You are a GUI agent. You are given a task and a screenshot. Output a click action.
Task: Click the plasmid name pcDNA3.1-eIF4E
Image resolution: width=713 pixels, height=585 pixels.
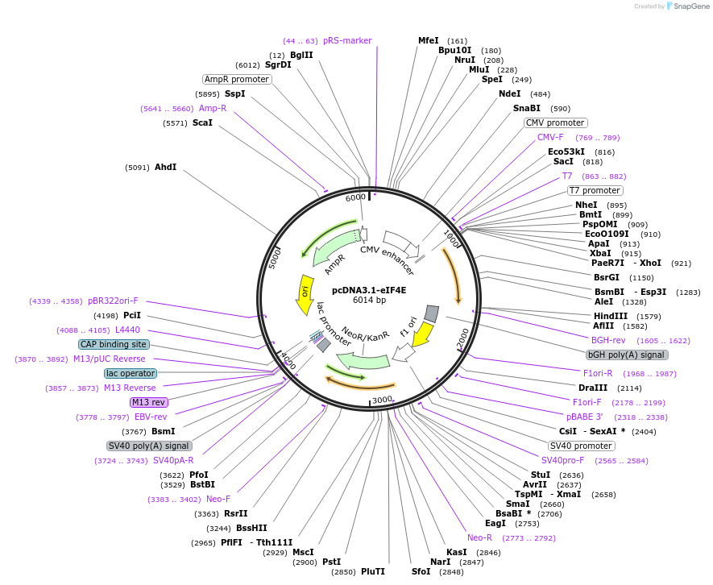point(369,289)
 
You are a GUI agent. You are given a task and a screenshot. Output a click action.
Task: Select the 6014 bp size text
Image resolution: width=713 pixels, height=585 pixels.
point(369,301)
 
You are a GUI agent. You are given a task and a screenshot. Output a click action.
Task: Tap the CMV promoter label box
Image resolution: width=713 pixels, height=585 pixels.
point(555,122)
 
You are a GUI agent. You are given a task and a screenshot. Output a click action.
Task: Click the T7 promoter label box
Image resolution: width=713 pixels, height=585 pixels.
point(595,190)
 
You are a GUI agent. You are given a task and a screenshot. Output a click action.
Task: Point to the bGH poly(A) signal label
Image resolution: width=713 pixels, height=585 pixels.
point(627,354)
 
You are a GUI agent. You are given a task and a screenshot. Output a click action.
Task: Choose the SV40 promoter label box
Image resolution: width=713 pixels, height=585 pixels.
point(581,446)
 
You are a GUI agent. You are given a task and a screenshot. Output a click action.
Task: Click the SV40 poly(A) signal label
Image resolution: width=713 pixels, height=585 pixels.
point(149,446)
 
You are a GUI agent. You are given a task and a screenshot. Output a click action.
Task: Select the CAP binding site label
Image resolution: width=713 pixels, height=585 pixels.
point(114,344)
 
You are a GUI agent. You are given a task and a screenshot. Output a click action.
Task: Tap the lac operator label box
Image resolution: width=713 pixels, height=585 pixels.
point(130,373)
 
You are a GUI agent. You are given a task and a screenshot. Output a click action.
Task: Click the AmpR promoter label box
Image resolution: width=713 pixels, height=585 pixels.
point(237,79)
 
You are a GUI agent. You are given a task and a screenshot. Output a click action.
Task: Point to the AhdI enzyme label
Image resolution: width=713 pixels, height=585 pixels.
point(165,167)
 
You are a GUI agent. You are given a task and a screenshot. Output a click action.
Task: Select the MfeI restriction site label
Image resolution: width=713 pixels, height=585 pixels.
point(429,40)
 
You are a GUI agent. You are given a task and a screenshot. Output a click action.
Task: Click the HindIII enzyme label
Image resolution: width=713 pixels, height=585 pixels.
point(610,316)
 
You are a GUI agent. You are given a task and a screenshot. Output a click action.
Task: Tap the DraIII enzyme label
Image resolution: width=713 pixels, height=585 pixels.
point(582,388)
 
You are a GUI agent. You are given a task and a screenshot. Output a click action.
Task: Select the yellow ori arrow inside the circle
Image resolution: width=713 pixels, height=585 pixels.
point(305,288)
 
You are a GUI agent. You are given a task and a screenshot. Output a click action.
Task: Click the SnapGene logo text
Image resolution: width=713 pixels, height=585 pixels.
point(691,6)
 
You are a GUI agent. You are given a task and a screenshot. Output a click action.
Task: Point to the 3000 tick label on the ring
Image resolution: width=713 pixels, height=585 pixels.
point(382,399)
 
